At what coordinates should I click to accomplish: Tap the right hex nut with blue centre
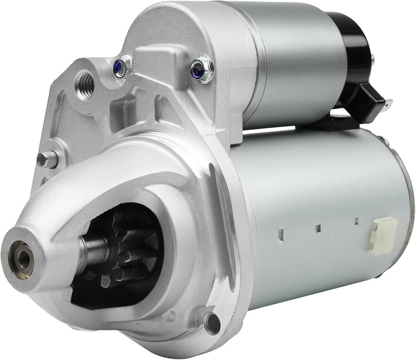point(201,69)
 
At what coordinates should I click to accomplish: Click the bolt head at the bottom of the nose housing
point(212,323)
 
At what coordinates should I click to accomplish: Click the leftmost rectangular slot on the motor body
point(280,234)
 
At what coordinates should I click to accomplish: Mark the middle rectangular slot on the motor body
point(318,228)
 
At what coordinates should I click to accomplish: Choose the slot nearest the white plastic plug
point(357,221)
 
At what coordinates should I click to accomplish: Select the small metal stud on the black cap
point(373,60)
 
